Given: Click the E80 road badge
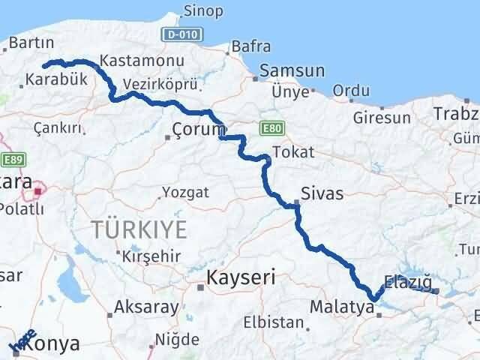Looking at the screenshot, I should [x=271, y=129].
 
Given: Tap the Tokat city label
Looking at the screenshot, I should [x=289, y=152].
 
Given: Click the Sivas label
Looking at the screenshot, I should [x=322, y=193].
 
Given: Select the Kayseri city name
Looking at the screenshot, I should [x=241, y=277].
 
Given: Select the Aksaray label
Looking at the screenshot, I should [x=146, y=307].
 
